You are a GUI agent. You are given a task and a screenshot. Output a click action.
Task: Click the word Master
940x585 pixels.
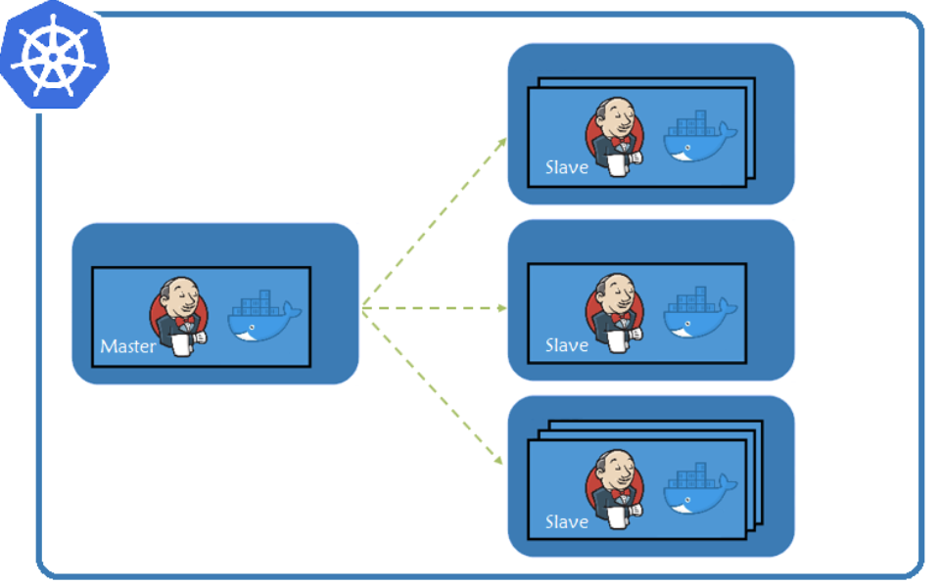[127, 346]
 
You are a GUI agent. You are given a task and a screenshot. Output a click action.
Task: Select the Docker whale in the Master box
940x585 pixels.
[263, 318]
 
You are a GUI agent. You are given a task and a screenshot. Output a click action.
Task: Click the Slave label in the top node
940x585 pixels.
[566, 167]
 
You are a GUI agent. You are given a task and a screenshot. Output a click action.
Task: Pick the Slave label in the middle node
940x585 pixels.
[566, 345]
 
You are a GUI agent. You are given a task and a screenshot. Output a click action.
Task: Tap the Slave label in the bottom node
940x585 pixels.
[566, 521]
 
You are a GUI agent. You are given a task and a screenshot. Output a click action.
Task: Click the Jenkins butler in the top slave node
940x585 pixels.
[616, 137]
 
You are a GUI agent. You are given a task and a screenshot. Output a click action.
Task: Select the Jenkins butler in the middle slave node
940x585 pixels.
[616, 313]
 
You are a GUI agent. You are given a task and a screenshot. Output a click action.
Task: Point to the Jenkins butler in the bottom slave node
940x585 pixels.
[616, 489]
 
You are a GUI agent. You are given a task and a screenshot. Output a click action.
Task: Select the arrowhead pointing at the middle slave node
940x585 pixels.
[502, 308]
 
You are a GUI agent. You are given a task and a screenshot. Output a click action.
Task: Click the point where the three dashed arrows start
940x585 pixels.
[362, 309]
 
